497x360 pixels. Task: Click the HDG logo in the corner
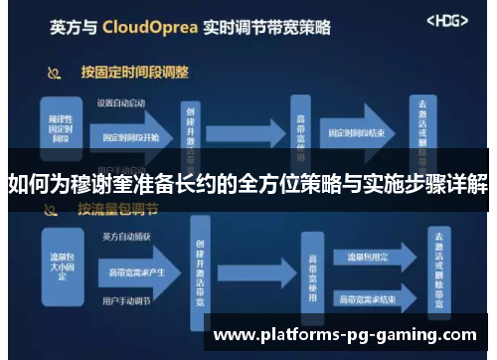point(446,21)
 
